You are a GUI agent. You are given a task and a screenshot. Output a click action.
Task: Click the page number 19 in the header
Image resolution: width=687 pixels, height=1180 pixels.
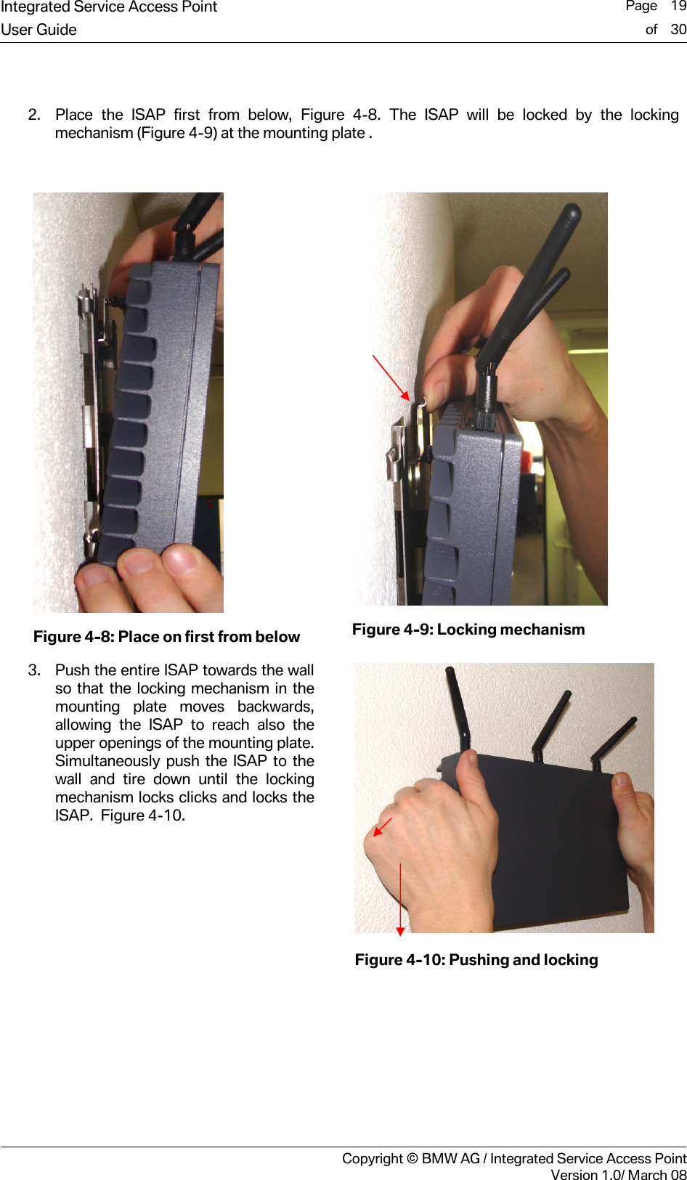(678, 7)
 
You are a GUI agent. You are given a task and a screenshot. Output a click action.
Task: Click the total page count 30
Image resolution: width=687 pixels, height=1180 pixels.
(678, 30)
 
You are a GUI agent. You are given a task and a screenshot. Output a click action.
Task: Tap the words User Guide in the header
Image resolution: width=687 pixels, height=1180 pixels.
(39, 30)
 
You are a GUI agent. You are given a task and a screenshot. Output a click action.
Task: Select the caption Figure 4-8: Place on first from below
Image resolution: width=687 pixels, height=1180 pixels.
(166, 637)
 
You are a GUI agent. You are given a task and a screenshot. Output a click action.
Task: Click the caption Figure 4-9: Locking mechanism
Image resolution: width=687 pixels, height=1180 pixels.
(468, 630)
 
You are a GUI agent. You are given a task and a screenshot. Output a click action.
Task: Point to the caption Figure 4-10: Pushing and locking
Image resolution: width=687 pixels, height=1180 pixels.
(476, 960)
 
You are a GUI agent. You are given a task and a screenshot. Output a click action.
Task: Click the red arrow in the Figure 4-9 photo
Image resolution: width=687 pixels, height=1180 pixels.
(391, 378)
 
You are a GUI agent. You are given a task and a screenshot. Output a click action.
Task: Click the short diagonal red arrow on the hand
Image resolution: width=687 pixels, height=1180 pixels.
(382, 827)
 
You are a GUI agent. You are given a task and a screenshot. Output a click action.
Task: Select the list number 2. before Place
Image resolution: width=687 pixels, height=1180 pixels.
(34, 115)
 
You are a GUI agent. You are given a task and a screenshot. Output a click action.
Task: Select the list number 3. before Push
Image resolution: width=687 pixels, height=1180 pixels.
(34, 670)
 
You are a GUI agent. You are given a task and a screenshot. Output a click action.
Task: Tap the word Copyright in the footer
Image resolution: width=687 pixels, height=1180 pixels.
(372, 1158)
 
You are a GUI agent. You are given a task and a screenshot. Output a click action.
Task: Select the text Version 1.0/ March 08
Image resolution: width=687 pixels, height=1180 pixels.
(618, 1175)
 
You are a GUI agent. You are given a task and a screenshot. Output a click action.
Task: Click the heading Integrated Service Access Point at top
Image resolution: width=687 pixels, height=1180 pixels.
(109, 7)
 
